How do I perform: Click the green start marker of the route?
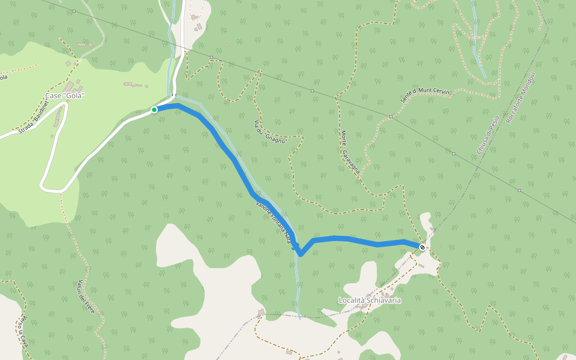(x=154, y=110)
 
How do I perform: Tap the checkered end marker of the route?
(x=422, y=247)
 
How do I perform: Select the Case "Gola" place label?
(x=65, y=96)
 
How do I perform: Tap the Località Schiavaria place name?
(x=370, y=300)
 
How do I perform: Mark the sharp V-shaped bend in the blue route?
(x=301, y=254)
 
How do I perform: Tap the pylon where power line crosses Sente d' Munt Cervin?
(x=391, y=116)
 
